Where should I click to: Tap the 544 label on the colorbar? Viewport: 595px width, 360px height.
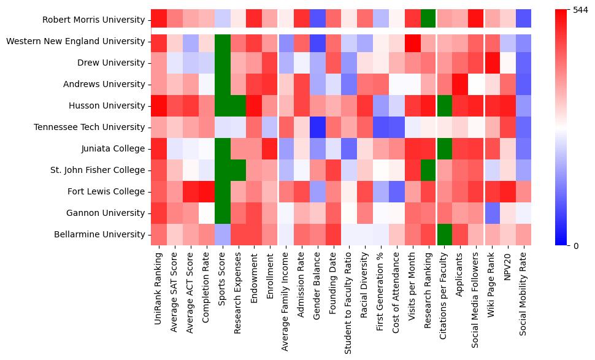tap(580, 10)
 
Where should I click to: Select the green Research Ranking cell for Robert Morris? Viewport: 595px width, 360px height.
tap(428, 20)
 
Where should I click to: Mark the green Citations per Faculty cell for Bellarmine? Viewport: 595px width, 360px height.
tap(443, 234)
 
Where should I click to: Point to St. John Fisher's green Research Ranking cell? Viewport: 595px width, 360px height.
tap(428, 170)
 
